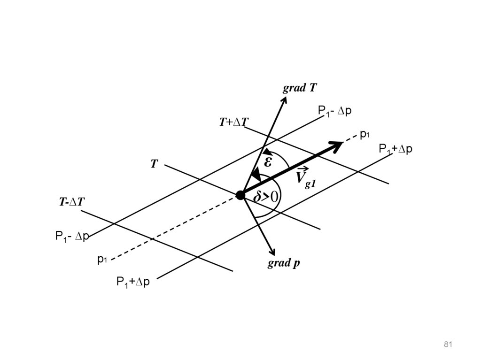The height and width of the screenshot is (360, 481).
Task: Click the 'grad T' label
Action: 299,88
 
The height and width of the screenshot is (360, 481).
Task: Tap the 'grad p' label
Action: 284,263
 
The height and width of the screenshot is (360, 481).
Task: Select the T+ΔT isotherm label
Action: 233,123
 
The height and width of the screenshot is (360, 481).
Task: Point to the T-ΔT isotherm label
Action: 71,202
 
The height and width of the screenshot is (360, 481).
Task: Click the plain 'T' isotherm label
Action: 154,164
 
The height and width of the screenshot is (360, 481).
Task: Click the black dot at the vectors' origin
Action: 240,195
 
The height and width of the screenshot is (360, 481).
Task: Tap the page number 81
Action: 447,345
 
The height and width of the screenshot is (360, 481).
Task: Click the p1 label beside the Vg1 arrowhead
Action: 365,135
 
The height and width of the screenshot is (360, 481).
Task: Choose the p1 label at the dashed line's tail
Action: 102,259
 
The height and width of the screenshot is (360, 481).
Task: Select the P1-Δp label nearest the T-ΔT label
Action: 72,236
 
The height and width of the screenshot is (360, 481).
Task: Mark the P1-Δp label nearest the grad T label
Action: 334,111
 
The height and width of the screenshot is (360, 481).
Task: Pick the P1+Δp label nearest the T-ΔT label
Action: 133,282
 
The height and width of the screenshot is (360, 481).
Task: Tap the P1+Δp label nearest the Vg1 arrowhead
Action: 396,149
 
